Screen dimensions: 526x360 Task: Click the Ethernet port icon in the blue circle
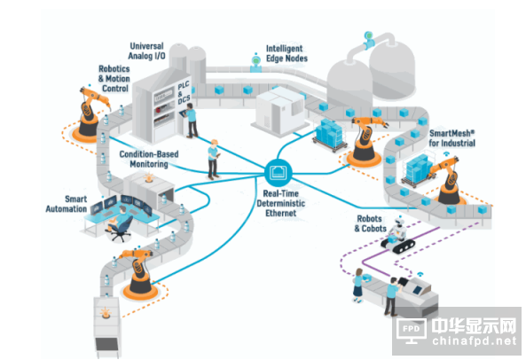279,172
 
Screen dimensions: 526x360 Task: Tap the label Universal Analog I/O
146,51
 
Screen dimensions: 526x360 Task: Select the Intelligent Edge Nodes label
287,53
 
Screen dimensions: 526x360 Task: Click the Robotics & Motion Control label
114,78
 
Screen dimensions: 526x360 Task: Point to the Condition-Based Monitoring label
149,159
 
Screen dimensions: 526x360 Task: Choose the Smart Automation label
67,204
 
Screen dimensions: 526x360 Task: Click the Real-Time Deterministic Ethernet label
281,203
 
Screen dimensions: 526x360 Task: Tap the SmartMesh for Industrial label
451,138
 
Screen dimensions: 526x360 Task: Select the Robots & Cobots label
371,223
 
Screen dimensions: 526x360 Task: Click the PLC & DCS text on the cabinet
184,93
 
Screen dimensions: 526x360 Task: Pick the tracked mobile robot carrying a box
398,237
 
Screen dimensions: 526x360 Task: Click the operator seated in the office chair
122,222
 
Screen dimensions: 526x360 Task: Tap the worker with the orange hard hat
213,160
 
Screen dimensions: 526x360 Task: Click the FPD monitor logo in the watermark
411,330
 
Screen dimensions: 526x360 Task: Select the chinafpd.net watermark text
474,341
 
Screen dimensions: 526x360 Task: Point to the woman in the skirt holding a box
359,286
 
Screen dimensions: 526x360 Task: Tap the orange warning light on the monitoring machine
148,177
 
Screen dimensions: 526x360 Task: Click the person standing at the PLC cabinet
192,121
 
